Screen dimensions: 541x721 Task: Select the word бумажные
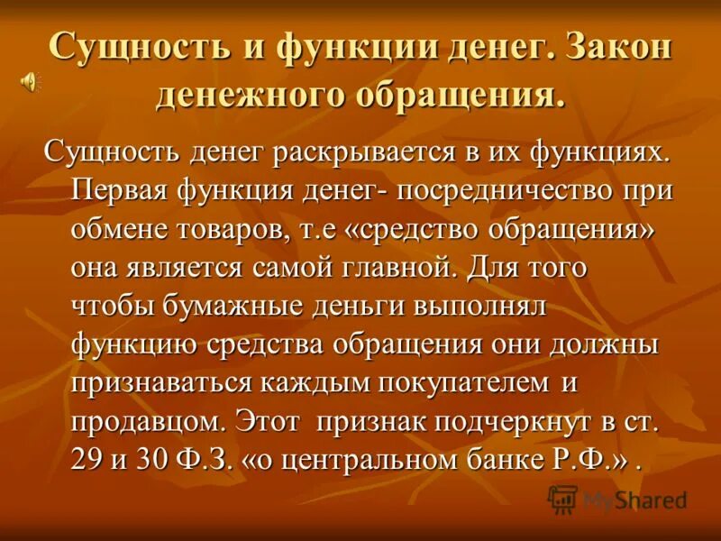(235, 306)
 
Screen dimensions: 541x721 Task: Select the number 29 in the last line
(87, 459)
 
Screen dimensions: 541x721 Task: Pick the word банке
(509, 459)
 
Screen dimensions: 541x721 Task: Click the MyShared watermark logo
(617, 499)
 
